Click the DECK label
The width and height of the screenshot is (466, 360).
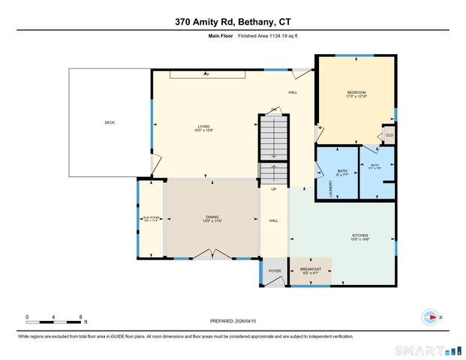[x=110, y=122]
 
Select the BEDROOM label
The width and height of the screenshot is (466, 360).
[x=356, y=94]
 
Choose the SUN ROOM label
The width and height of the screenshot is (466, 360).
[x=152, y=219]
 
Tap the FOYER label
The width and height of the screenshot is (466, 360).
[x=275, y=271]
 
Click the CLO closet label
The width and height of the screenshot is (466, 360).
[x=389, y=135]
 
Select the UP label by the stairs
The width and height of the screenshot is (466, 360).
[x=274, y=189]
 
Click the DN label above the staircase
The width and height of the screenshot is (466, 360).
[x=274, y=110]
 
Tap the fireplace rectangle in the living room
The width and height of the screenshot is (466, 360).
[x=206, y=74]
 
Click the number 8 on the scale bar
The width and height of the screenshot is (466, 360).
[x=80, y=316]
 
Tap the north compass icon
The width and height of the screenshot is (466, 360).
[x=429, y=316]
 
